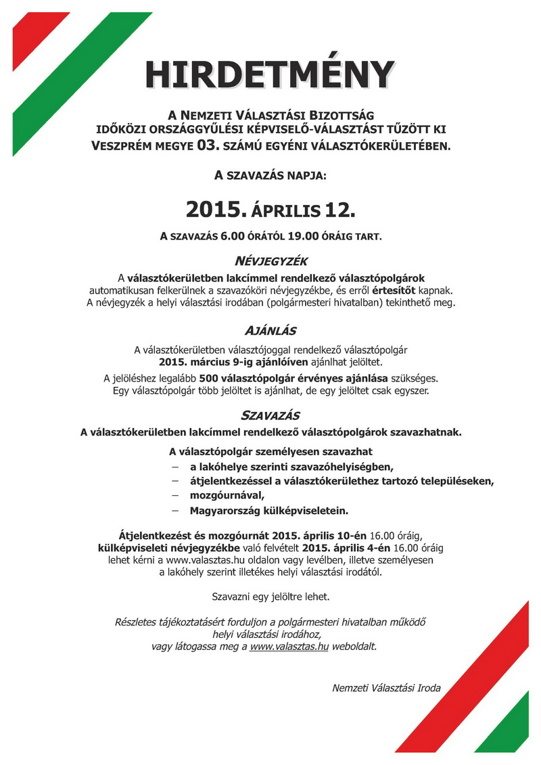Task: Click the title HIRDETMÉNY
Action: [x=270, y=74]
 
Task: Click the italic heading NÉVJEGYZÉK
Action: [x=270, y=261]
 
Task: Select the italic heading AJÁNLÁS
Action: [x=270, y=332]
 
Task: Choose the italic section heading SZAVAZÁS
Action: [x=270, y=415]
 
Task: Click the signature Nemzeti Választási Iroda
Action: [x=386, y=688]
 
